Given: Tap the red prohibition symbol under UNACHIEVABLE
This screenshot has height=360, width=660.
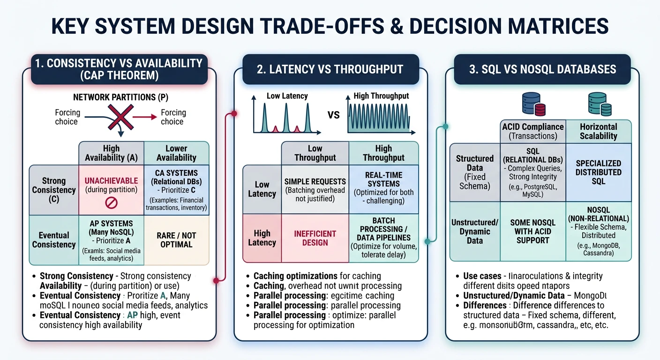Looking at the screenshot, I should coord(111,203).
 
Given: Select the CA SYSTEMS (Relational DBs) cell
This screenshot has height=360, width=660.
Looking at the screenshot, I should coord(176,190).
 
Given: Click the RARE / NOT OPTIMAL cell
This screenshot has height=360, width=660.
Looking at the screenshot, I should coord(176,240).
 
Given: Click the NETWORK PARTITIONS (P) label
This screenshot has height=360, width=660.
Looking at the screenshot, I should coord(120,97).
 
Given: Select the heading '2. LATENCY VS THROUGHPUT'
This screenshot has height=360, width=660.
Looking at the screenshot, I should coord(330,69).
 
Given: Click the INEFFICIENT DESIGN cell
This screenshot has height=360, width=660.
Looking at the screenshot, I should coord(315,238).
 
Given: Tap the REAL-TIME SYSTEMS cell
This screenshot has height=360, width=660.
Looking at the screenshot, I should coord(383,187).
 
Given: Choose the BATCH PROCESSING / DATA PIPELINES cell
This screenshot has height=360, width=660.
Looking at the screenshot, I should coord(383,238).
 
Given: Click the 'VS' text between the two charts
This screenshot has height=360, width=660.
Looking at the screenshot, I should coord(333,115).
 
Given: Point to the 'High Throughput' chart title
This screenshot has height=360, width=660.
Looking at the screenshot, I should coord(381,96).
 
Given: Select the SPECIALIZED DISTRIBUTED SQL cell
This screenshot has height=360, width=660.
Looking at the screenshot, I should coord(599,172).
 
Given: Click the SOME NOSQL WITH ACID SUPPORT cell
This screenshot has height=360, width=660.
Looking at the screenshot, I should coord(533,231).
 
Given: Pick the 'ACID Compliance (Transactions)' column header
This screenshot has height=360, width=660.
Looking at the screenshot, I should coord(533,131).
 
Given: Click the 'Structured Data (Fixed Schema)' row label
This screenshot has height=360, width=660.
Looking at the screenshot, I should coord(475,172).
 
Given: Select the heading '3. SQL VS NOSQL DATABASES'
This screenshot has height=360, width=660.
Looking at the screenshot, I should coord(542,69).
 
